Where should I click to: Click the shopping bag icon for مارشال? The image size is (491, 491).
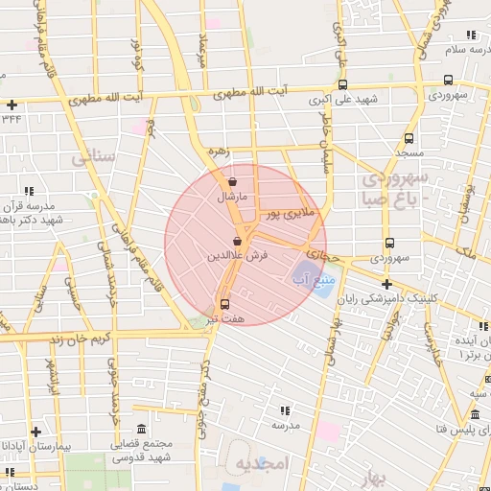[232, 181]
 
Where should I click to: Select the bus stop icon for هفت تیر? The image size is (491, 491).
[225, 303]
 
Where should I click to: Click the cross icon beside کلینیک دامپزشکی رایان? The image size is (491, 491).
[386, 284]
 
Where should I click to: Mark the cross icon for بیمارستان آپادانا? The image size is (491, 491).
[36, 432]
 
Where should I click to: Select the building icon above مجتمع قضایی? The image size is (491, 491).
[142, 428]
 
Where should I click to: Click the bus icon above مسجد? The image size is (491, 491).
[409, 138]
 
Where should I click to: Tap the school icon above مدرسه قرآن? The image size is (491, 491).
[30, 191]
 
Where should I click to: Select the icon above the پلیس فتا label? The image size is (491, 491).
[475, 415]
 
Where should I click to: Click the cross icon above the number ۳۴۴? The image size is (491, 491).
[12, 105]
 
